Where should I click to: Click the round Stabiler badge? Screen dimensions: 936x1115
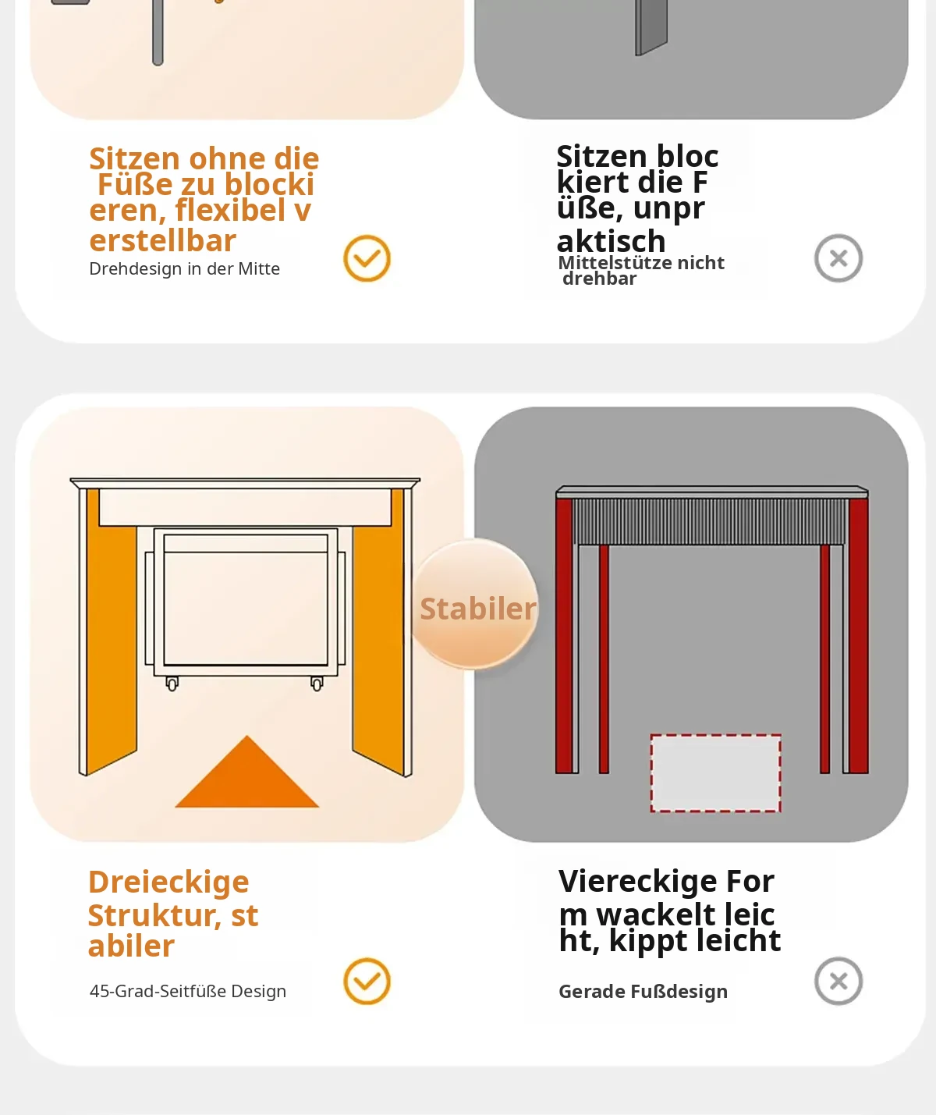(x=474, y=604)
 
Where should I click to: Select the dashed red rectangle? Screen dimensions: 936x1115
(x=715, y=772)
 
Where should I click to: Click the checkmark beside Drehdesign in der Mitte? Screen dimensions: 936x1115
(x=367, y=258)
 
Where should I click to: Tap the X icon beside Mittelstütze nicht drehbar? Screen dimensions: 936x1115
(x=838, y=258)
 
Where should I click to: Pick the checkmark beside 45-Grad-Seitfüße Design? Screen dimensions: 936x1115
(x=367, y=981)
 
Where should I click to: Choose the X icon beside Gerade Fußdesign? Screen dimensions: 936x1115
(x=838, y=981)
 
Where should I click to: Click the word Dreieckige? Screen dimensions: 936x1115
(x=168, y=882)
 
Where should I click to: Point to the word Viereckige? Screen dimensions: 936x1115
(x=637, y=881)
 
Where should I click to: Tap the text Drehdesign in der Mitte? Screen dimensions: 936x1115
(x=184, y=268)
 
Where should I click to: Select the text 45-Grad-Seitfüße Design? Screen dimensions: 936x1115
(x=188, y=991)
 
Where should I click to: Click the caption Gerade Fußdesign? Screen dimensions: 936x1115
(x=643, y=992)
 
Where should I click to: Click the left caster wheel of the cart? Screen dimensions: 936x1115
(x=172, y=684)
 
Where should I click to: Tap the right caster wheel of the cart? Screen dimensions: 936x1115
(x=317, y=684)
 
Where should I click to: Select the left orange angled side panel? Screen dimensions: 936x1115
(x=111, y=630)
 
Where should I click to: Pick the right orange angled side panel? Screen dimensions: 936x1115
(x=378, y=630)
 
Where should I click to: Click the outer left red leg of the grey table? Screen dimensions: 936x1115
(x=564, y=635)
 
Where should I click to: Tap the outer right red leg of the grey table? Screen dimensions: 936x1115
(x=859, y=635)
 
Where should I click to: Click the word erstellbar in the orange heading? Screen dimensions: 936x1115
(x=162, y=241)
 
